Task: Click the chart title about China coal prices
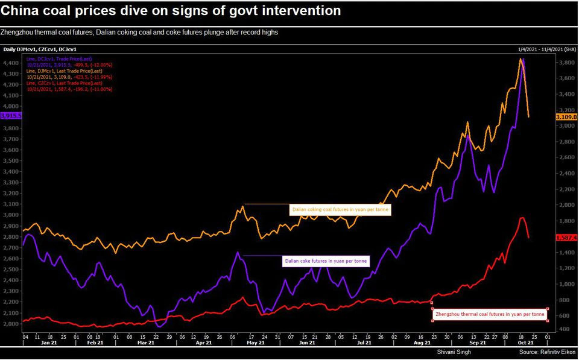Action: click(171, 11)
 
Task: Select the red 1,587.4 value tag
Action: click(567, 238)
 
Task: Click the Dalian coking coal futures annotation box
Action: click(341, 210)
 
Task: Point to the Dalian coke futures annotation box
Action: click(326, 261)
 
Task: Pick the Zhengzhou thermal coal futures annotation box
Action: click(490, 314)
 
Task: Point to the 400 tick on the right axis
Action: click(563, 329)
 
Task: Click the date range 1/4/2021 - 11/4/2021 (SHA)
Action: click(546, 49)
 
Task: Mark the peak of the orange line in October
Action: click(520, 59)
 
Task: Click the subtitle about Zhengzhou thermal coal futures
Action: click(140, 32)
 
